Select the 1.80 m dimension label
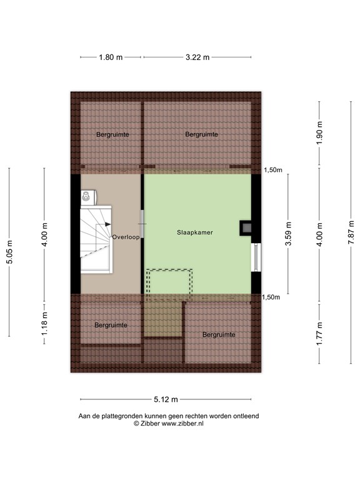tap(111, 57)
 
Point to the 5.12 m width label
tap(167, 400)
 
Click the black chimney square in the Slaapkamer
tap(245, 228)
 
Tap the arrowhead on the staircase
tap(108, 223)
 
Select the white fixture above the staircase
tap(87, 198)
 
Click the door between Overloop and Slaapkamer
tap(143, 223)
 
